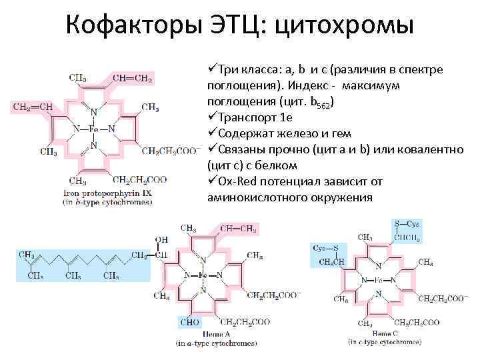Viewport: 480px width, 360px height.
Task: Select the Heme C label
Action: pos(386,333)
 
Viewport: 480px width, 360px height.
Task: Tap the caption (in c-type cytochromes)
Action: pos(385,342)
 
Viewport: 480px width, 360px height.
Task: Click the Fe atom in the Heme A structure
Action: pos(203,275)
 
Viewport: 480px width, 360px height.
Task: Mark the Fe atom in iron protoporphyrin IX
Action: pos(93,129)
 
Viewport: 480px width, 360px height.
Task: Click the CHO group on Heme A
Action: pos(190,322)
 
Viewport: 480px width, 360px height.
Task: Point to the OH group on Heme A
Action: pos(161,239)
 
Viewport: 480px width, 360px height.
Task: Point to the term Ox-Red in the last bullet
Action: pos(235,181)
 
